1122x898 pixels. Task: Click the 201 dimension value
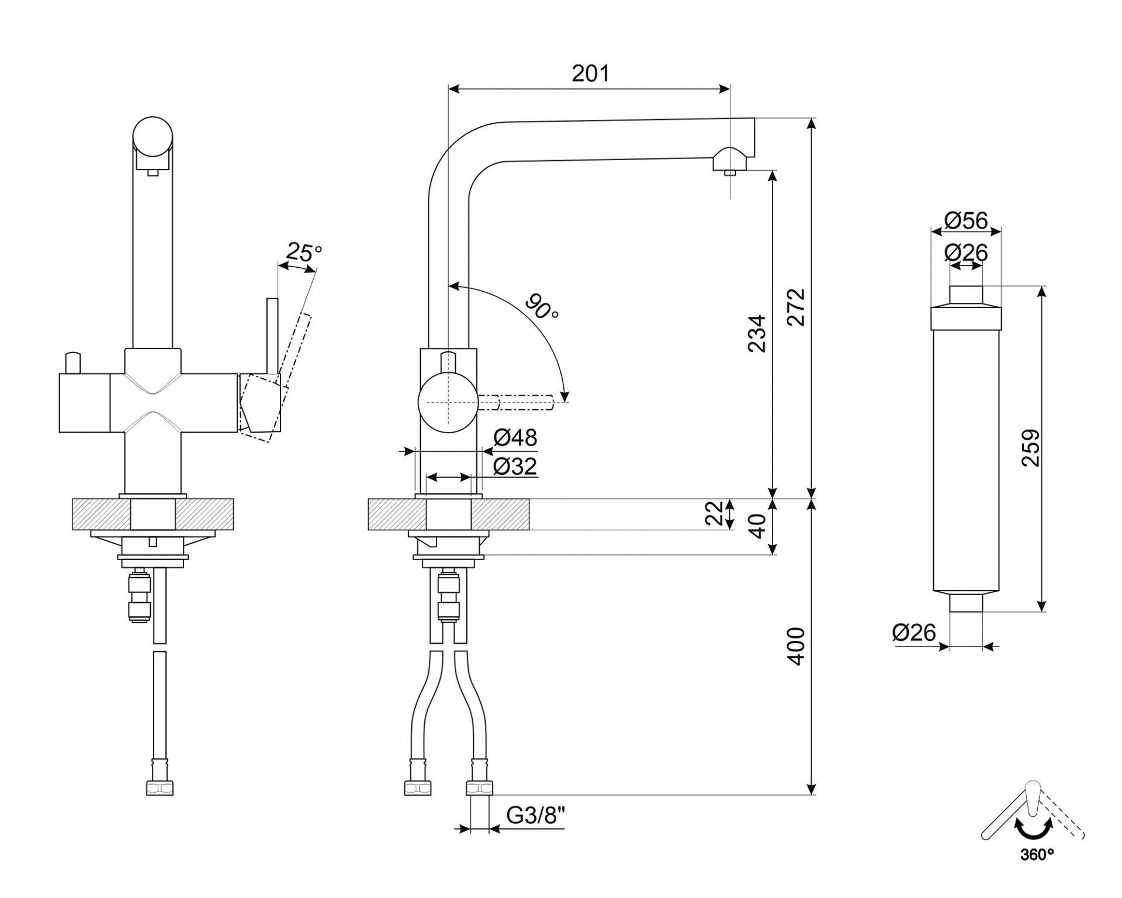590,74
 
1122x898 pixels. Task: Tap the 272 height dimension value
796,306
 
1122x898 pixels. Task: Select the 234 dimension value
757,333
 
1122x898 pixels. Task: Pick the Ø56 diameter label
966,220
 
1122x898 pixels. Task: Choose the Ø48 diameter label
515,437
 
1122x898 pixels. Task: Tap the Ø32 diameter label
515,466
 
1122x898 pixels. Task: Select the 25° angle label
304,252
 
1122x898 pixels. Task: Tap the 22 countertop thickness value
714,513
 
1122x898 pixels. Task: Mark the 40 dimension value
757,526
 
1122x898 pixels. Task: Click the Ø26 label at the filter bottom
915,632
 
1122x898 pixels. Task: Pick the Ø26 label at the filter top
966,253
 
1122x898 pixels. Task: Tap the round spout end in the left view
153,136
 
